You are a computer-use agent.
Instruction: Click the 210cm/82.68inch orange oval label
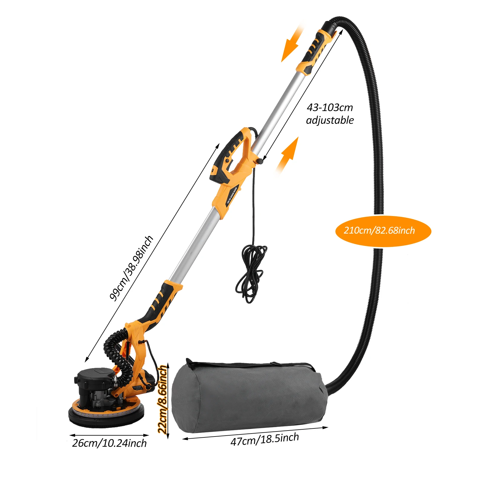coord(383,231)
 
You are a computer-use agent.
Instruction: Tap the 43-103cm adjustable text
coord(330,114)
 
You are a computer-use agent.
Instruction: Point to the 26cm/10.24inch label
coord(110,443)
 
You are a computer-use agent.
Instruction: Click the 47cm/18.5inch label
coord(264,439)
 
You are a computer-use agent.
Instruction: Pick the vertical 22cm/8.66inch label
coord(162,399)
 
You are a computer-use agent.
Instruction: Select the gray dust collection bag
coord(248,398)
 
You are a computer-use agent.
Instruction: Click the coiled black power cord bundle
coord(251,272)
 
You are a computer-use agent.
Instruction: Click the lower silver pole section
coord(194,245)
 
